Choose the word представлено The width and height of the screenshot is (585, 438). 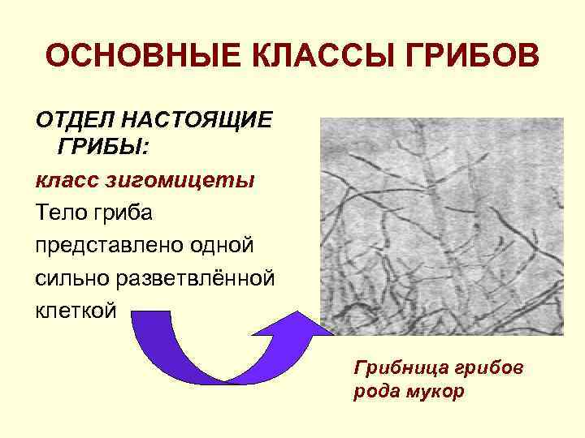(x=106, y=244)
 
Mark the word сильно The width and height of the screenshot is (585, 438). (x=76, y=277)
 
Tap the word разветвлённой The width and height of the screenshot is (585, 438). (x=199, y=277)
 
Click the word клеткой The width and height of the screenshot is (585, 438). (x=76, y=309)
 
